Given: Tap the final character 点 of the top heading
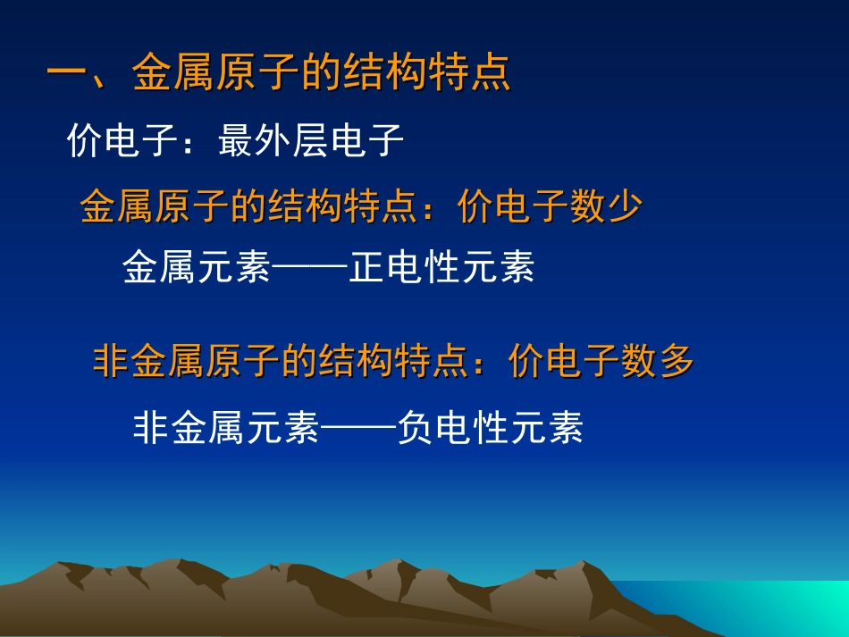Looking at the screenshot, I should coord(490,73).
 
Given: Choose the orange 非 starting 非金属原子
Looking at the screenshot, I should coord(112,362).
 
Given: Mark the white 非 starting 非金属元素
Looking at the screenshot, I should coord(151,428).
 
